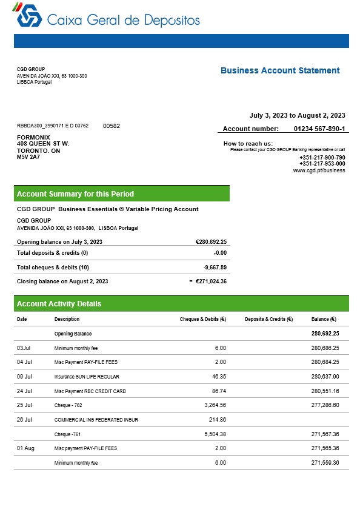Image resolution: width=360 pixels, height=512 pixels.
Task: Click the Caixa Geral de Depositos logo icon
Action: click(x=28, y=16)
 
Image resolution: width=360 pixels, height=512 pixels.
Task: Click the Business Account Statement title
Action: click(x=280, y=70)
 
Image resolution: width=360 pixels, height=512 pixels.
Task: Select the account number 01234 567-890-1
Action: click(x=319, y=129)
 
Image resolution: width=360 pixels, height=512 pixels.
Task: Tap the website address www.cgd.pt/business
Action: click(x=319, y=170)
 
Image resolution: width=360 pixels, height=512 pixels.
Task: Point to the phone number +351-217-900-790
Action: click(x=322, y=157)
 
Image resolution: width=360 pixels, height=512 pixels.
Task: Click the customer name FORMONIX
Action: click(x=33, y=137)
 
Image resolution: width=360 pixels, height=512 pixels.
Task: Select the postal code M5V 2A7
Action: click(x=28, y=157)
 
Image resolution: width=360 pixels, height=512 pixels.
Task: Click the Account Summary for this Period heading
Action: click(x=75, y=194)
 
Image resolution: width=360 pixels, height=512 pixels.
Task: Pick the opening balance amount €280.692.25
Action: click(x=211, y=241)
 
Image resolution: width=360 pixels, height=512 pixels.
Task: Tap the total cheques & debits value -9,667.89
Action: click(x=215, y=267)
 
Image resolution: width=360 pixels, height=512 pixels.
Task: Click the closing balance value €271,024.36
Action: click(x=210, y=281)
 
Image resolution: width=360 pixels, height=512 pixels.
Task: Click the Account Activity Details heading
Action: click(x=59, y=304)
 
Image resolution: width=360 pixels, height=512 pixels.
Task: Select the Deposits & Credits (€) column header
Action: click(x=268, y=319)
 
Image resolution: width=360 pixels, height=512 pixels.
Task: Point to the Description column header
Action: click(x=67, y=319)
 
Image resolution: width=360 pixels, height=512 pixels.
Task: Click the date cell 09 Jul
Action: click(x=24, y=377)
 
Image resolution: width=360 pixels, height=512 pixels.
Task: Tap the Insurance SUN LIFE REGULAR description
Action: click(x=88, y=377)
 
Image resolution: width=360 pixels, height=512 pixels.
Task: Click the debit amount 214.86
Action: click(x=217, y=419)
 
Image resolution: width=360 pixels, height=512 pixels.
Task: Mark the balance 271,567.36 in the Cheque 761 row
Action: click(x=325, y=434)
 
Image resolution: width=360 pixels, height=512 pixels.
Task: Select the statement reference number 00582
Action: click(x=112, y=126)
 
